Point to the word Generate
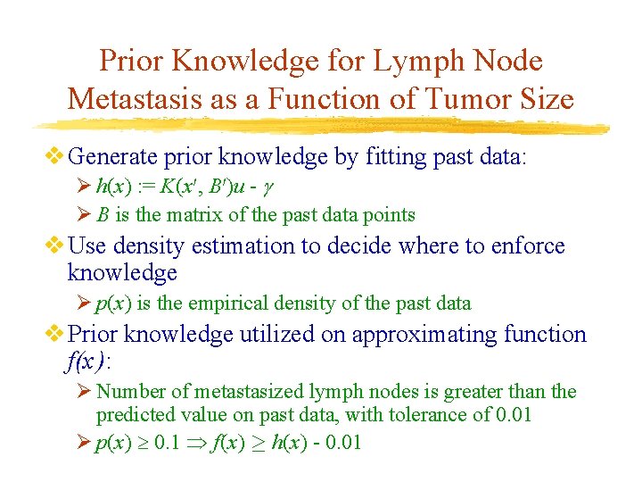point(112,157)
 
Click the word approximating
point(424,335)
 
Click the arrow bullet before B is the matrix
point(84,214)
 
